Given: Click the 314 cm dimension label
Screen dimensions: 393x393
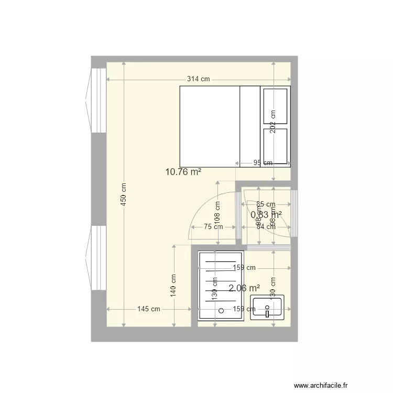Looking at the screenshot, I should [x=199, y=80].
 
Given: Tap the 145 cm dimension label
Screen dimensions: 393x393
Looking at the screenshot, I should [x=148, y=309].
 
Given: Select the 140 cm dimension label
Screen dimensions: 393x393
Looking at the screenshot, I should [x=173, y=286].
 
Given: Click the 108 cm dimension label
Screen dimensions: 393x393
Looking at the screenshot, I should [x=217, y=213].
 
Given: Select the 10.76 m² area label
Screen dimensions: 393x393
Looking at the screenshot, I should [x=183, y=171].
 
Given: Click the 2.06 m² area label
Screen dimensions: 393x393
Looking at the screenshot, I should [x=245, y=288].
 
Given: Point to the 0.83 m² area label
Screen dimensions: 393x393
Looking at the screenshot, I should [x=266, y=214].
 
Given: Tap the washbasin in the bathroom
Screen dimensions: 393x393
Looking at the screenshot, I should [x=267, y=308].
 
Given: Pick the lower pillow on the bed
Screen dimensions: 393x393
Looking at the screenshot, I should [x=276, y=145].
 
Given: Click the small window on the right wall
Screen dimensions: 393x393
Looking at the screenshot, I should [x=294, y=214].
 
